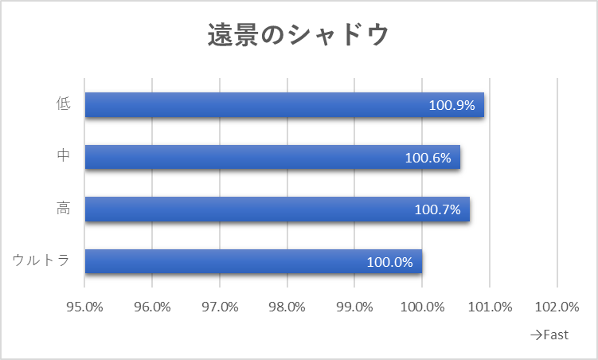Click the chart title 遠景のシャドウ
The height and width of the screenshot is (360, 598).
tap(299, 35)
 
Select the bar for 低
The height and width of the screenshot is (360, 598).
tap(284, 104)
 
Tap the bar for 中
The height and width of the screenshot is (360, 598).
tap(272, 157)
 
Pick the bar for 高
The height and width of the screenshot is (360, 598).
tap(277, 209)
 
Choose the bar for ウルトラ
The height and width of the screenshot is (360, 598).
tap(254, 261)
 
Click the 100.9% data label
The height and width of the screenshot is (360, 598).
tap(452, 105)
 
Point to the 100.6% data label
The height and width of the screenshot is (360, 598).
tap(428, 158)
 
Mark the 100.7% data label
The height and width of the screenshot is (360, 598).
tap(437, 209)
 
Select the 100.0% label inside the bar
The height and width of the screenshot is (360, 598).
tap(389, 262)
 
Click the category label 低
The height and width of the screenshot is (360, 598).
tap(64, 104)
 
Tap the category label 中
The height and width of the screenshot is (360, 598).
tap(64, 155)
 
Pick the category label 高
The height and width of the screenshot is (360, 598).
tap(64, 208)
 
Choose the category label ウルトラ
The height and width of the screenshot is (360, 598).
tap(41, 260)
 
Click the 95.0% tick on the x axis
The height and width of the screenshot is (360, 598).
tap(84, 307)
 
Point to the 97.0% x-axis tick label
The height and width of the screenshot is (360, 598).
tap(220, 307)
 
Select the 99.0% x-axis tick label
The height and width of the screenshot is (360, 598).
tap(354, 307)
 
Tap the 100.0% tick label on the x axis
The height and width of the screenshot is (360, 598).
tap(422, 307)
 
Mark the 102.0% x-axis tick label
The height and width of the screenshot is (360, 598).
tap(557, 307)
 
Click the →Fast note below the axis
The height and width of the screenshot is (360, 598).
tap(549, 335)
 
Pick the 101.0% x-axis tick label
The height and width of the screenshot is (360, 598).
tap(490, 307)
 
